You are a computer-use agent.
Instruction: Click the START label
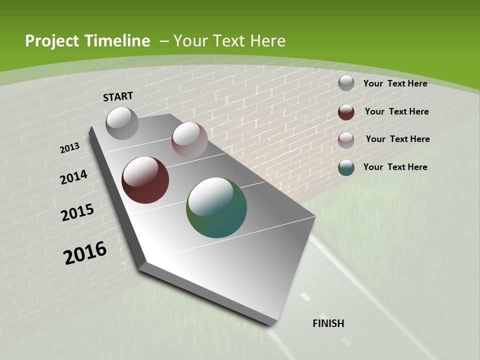pyautogui.click(x=118, y=96)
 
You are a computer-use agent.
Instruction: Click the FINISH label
pyautogui.click(x=328, y=323)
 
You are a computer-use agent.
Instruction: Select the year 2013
pyautogui.click(x=69, y=148)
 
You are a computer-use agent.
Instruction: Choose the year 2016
pyautogui.click(x=85, y=253)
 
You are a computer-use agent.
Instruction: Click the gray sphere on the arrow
pyautogui.click(x=122, y=123)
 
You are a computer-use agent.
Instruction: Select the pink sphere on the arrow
pyautogui.click(x=189, y=139)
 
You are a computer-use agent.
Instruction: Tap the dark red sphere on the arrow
pyautogui.click(x=145, y=180)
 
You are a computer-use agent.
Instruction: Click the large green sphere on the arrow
pyautogui.click(x=216, y=207)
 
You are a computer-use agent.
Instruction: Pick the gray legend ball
pyautogui.click(x=346, y=83)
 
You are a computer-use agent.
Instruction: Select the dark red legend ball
pyautogui.click(x=346, y=112)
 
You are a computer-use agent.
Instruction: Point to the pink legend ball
pyautogui.click(x=346, y=140)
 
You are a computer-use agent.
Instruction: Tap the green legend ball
pyautogui.click(x=346, y=167)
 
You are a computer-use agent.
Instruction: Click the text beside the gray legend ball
pyautogui.click(x=395, y=83)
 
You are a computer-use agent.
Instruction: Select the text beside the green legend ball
pyautogui.click(x=395, y=167)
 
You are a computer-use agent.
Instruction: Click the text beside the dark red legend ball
pyautogui.click(x=396, y=111)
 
